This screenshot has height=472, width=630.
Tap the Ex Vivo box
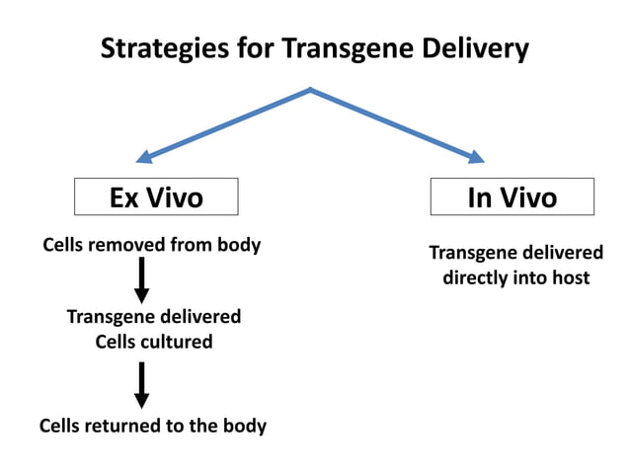[x=156, y=197]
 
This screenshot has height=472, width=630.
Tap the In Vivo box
[x=512, y=197]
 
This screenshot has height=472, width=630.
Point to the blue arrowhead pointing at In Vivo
[x=476, y=156]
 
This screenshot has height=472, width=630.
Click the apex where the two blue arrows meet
[x=311, y=90]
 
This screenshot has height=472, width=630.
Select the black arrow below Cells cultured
[x=141, y=384]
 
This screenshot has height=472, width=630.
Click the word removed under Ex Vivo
[x=131, y=245]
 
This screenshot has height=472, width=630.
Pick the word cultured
[x=178, y=343]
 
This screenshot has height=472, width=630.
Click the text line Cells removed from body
[x=151, y=245]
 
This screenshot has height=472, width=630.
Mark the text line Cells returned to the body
[x=152, y=427]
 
